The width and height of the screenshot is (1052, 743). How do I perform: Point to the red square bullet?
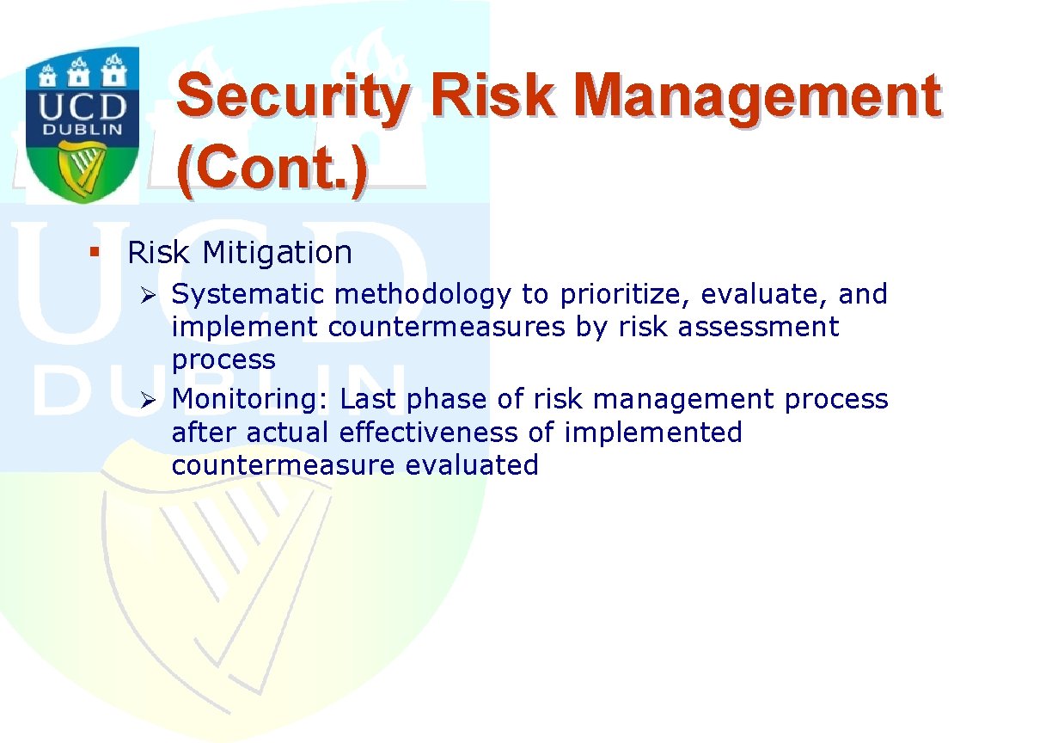pos(95,252)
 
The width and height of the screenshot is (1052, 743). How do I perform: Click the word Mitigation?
pos(277,254)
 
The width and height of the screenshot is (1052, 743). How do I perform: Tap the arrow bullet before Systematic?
pos(148,296)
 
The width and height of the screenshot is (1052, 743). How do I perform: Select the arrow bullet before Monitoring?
pos(148,401)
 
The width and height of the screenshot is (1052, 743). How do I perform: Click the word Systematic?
pos(248,296)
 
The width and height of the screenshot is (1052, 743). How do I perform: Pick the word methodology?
pos(423,296)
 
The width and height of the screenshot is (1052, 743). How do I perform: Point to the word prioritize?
pos(625,296)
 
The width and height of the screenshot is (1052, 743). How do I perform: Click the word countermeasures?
pos(447,327)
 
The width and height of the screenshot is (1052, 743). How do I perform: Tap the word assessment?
pos(758,327)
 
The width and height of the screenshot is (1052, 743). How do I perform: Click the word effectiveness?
pos(428,433)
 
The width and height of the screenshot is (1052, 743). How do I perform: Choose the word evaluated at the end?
pos(472,465)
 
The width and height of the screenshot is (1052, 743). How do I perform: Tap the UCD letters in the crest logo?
pos(83,107)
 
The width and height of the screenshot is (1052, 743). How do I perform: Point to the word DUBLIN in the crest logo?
pos(83,130)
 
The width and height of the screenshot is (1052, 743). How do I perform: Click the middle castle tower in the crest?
pos(78,73)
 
